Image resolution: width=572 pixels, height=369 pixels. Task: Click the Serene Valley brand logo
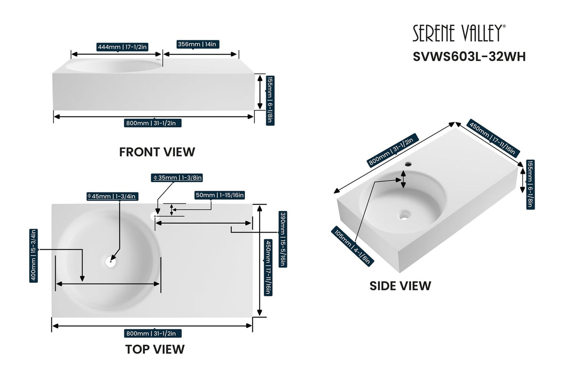pyautogui.click(x=459, y=34)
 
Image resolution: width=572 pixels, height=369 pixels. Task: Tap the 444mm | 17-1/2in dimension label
pyautogui.click(x=123, y=47)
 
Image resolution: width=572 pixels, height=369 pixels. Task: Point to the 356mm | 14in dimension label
pyautogui.click(x=196, y=44)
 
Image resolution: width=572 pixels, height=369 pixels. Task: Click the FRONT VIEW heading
pyautogui.click(x=157, y=152)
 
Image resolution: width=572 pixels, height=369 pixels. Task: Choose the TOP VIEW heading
pyautogui.click(x=155, y=349)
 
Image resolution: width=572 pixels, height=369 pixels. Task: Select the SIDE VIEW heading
pyautogui.click(x=400, y=285)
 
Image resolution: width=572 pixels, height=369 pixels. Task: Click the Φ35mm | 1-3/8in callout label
pyautogui.click(x=177, y=178)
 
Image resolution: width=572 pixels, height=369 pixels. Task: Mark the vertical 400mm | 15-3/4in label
pyautogui.click(x=33, y=255)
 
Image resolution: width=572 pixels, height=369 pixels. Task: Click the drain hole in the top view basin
pyautogui.click(x=110, y=260)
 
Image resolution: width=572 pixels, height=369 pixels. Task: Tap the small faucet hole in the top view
pyautogui.click(x=154, y=216)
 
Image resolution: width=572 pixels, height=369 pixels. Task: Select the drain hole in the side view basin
pyautogui.click(x=404, y=215)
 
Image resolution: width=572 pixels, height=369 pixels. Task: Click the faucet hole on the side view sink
pyautogui.click(x=408, y=165)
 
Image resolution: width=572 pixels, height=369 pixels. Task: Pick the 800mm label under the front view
pyautogui.click(x=154, y=123)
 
